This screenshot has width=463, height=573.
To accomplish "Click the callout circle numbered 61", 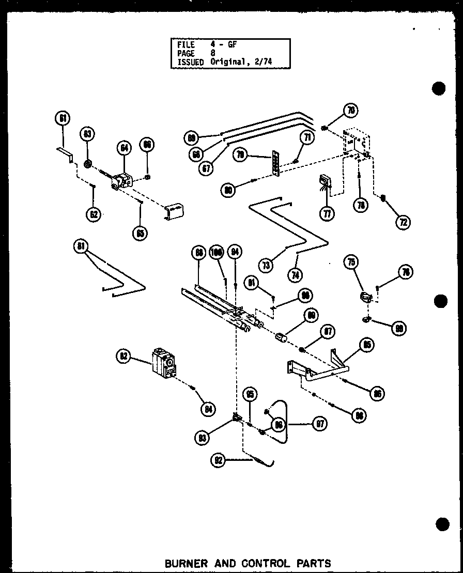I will [x=62, y=118].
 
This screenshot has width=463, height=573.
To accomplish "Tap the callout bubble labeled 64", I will [x=124, y=148].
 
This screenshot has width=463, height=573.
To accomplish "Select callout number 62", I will [x=94, y=214].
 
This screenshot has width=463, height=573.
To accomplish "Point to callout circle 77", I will [x=327, y=213].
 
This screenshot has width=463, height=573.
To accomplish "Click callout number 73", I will [x=266, y=266].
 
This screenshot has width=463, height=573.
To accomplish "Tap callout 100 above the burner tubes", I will [x=217, y=253].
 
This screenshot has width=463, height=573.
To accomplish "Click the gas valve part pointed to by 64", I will [x=122, y=181].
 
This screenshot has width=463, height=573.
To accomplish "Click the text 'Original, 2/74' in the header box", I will [x=241, y=61].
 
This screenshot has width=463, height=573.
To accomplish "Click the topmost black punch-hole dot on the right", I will [x=439, y=88].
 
